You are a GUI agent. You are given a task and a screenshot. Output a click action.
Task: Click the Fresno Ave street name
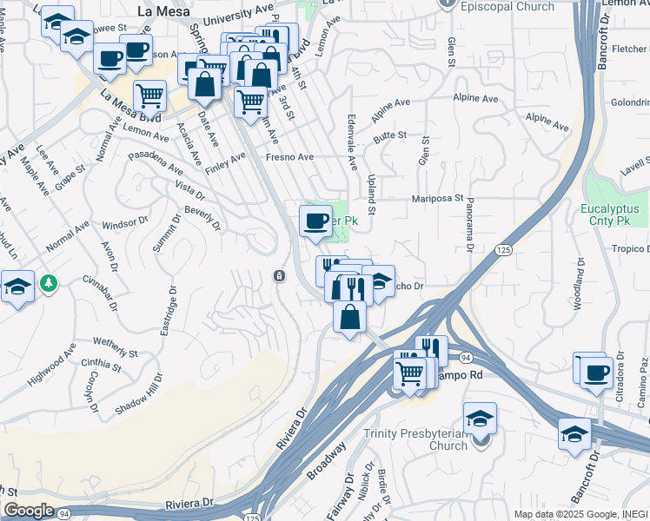(289, 157)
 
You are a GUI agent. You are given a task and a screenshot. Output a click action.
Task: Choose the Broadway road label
(327, 460)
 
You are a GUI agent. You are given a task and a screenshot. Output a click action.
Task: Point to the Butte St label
(390, 135)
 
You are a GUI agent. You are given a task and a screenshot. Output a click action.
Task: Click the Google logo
(29, 511)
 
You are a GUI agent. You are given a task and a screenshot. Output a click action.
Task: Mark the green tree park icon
(50, 282)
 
